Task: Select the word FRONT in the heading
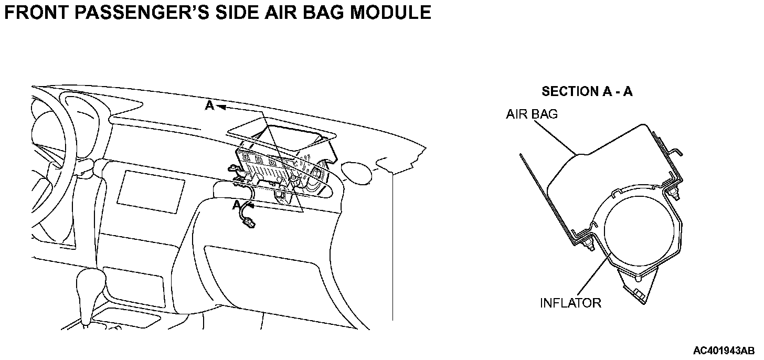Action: pos(37,12)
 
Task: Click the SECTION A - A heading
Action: pos(587,91)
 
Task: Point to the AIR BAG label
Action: pos(532,114)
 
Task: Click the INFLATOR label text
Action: pos(570,303)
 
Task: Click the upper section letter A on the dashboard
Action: pos(209,106)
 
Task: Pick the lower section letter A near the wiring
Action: pos(237,205)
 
